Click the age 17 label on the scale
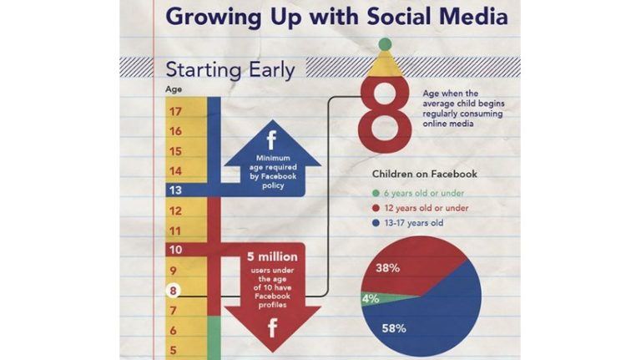pos(175,111)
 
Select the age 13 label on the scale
pos(175,190)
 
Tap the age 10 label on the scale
pos(175,250)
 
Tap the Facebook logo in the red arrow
pos(271,328)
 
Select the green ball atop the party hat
pos(385,43)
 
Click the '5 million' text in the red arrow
pos(271,256)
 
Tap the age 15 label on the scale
pos(175,151)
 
